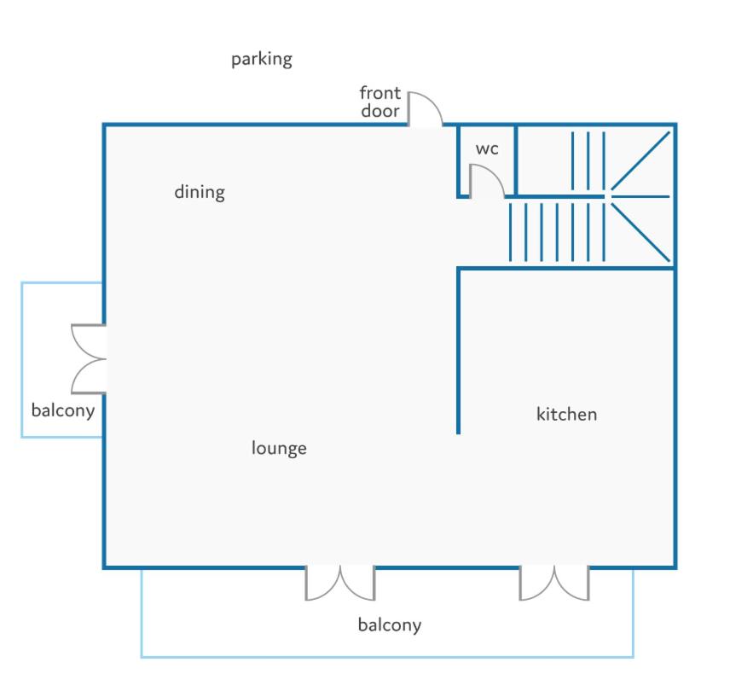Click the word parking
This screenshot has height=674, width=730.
[262, 60]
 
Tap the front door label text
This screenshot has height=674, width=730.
[379, 102]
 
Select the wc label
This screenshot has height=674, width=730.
[487, 149]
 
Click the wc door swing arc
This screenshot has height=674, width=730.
[494, 173]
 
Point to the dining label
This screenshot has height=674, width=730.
[200, 192]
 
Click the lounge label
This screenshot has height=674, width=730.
[279, 448]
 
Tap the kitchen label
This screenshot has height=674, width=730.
[566, 414]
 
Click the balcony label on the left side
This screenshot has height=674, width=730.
[63, 410]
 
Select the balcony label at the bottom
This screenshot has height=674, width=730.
[390, 625]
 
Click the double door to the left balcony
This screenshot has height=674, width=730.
[89, 359]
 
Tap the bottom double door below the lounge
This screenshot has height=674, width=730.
[340, 583]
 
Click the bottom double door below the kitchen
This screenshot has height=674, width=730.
[554, 583]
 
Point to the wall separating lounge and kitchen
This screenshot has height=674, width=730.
[458, 352]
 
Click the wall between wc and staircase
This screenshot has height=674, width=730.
[516, 160]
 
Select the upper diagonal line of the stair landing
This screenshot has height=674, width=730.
[640, 160]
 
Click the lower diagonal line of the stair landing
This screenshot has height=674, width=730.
[640, 232]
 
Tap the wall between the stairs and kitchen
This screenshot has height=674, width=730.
[566, 269]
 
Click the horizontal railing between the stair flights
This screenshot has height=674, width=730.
[555, 197]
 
